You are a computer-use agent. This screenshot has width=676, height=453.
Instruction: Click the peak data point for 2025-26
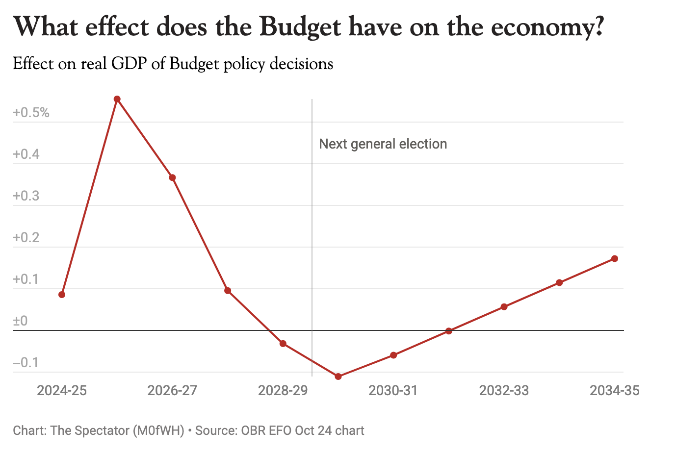(117, 99)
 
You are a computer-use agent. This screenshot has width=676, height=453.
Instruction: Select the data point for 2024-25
(62, 295)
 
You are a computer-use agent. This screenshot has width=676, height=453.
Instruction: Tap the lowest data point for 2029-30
(338, 377)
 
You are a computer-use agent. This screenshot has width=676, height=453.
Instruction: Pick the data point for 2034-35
(614, 258)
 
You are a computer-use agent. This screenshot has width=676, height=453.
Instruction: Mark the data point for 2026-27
(172, 177)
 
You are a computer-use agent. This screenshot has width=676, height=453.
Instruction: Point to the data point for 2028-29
(283, 344)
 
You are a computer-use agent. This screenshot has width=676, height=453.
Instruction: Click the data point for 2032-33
(504, 307)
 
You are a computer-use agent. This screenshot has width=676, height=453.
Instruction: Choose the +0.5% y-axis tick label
(31, 113)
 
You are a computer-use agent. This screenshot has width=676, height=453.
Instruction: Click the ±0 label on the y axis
(20, 321)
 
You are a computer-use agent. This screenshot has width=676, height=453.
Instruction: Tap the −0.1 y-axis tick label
(26, 363)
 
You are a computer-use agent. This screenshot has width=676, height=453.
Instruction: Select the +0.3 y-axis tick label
(26, 196)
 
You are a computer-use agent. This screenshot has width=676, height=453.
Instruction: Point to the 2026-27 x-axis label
(172, 391)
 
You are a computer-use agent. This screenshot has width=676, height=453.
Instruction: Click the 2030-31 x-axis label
(393, 391)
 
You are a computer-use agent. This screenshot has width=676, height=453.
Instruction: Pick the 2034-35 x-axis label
(614, 391)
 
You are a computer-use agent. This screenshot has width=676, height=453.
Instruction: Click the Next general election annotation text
(383, 144)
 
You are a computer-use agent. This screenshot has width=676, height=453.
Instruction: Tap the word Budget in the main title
(300, 27)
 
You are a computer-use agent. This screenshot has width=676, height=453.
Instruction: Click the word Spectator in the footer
(102, 431)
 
